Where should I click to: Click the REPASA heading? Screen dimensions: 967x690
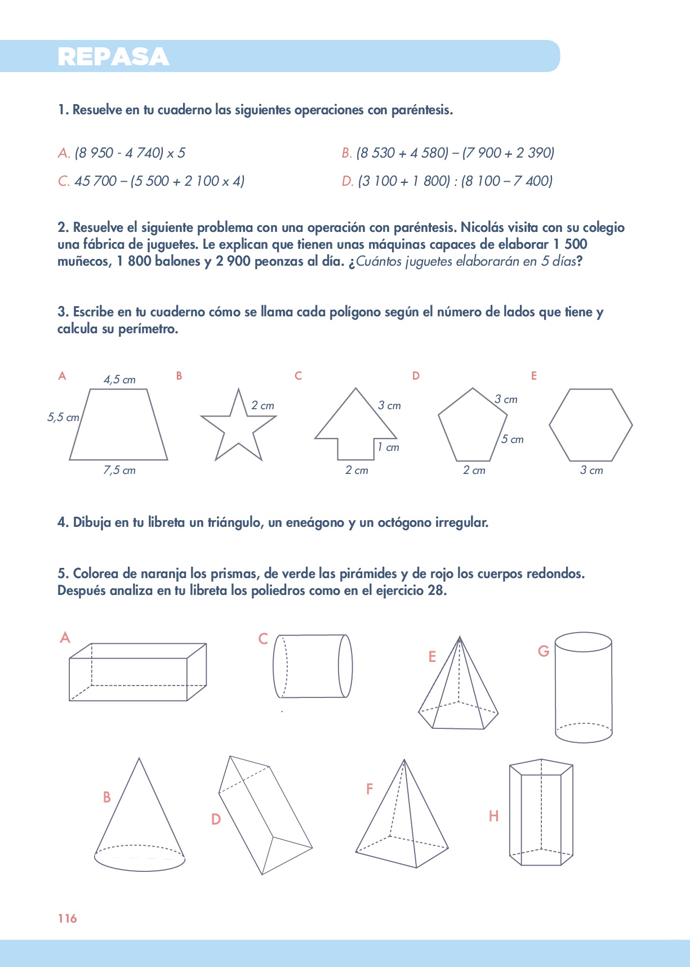pos(113,57)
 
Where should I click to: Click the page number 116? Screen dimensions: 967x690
pos(67,918)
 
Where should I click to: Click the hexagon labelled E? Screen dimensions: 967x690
pos(590,425)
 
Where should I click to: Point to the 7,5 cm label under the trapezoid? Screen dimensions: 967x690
pos(119,471)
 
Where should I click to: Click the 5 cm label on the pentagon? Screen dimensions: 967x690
pos(513,439)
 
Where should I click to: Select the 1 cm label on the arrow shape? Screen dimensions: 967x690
pos(388,447)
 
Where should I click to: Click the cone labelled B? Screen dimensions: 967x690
pos(139,822)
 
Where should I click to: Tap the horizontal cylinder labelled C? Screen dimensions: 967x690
pos(313,666)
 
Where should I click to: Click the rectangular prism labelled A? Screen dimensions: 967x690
pos(137,672)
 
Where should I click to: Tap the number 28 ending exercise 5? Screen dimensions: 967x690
pos(437,590)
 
